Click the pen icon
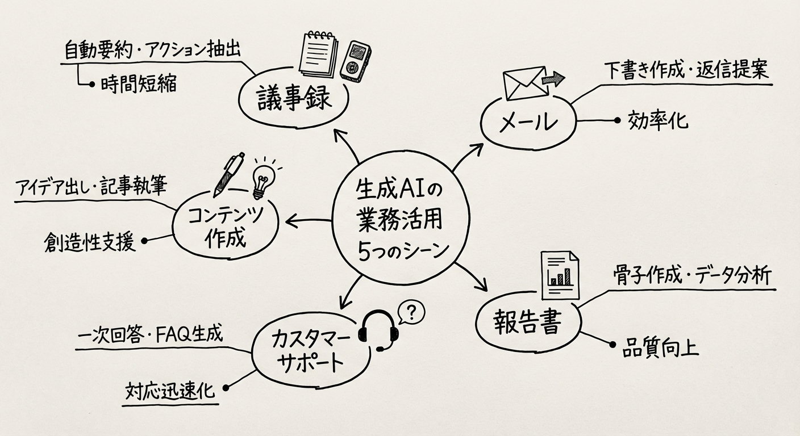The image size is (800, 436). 228,174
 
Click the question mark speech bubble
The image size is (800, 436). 413,311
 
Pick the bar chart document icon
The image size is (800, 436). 559,276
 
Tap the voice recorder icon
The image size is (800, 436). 355,59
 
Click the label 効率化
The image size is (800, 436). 658,120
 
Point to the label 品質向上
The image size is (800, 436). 660,347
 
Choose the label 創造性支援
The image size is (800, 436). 89,242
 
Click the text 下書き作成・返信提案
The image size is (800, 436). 685,70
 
